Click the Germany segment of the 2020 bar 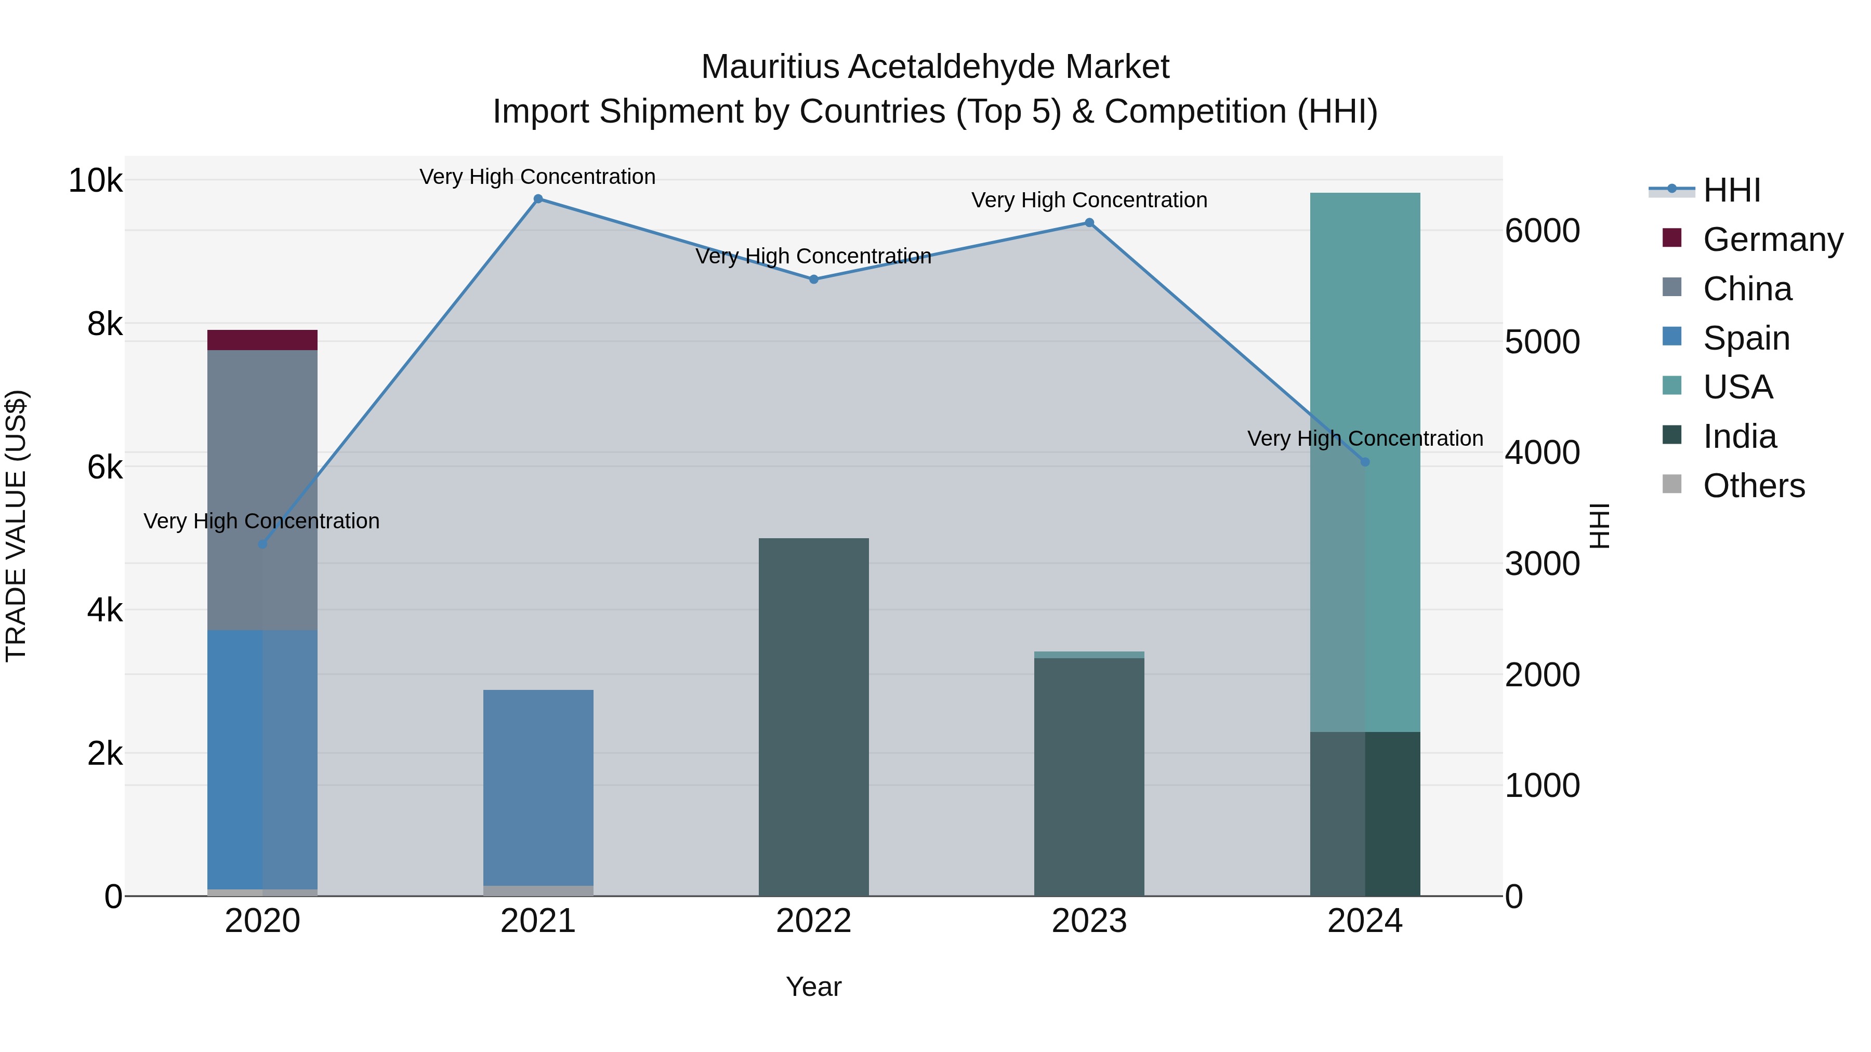point(262,340)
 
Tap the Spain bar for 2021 point(538,788)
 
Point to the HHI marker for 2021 point(538,199)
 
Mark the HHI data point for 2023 point(1089,223)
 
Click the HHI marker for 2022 point(813,279)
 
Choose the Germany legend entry point(1773,239)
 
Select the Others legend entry point(1754,486)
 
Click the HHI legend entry point(1732,190)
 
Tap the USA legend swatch point(1672,386)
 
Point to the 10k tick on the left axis point(95,180)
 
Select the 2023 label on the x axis point(1089,921)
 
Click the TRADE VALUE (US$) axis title point(16,526)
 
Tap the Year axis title point(813,987)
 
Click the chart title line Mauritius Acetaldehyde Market point(935,67)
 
